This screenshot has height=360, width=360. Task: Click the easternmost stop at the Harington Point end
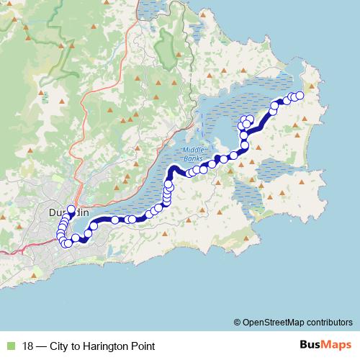tap(300, 96)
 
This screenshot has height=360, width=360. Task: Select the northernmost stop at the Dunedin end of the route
tap(71, 209)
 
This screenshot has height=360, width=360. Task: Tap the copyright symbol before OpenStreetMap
tap(237, 322)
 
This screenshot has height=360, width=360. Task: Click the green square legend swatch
tap(9, 346)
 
